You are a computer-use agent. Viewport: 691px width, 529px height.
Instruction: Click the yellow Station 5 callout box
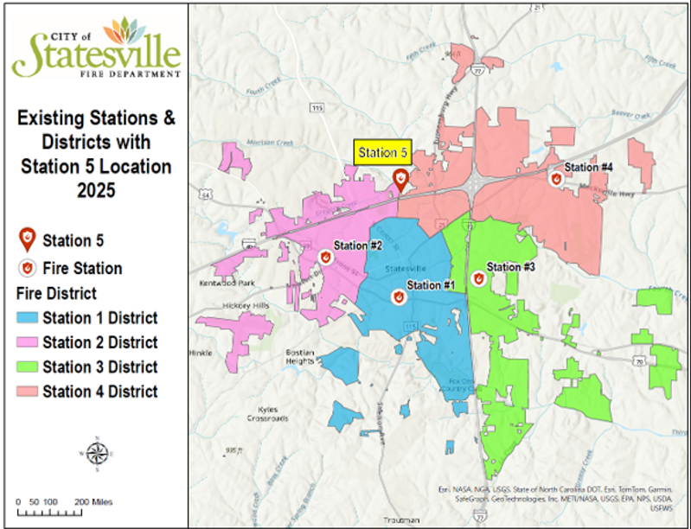382,152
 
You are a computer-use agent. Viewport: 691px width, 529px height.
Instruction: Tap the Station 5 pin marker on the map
400,180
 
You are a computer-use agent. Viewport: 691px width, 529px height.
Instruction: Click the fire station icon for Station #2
326,257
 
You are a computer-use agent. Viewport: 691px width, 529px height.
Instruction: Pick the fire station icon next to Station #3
478,278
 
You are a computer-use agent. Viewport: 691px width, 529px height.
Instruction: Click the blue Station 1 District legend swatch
28,318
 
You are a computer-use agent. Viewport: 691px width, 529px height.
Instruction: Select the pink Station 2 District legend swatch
28,342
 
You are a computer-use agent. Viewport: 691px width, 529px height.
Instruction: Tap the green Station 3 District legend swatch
28,366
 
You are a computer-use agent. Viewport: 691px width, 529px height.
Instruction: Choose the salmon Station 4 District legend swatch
28,391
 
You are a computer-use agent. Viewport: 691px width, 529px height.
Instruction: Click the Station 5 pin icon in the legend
28,239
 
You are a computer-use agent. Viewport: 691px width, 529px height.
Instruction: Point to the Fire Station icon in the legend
28,267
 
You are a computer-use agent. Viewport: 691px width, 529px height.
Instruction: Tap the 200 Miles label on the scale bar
93,501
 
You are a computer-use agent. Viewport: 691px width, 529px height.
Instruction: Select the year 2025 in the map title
95,189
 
